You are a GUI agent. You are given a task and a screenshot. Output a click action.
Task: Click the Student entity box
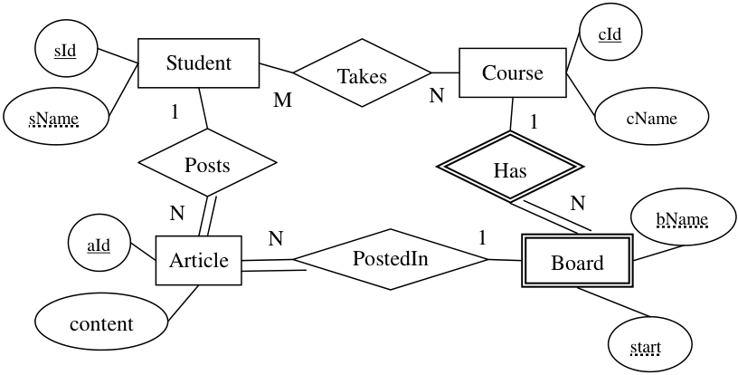point(198,63)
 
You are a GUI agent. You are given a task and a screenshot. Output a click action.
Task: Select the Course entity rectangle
point(513,72)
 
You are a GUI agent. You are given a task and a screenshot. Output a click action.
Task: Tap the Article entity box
point(199,261)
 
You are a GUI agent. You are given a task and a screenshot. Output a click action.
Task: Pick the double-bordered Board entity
point(577,263)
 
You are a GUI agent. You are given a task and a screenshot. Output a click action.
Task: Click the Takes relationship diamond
point(362,73)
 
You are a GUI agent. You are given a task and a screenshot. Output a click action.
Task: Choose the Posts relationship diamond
point(207,163)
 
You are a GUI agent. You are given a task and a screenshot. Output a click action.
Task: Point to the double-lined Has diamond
point(510,167)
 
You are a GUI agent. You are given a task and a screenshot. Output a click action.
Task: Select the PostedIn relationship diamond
point(390,259)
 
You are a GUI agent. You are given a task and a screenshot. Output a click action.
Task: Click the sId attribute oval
point(66,50)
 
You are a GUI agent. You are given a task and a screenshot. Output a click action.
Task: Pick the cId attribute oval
point(610,34)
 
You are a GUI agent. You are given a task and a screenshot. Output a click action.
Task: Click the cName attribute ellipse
point(652,118)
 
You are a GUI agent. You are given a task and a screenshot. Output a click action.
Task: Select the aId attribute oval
point(99,245)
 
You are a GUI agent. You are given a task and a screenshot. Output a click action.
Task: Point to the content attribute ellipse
point(101,323)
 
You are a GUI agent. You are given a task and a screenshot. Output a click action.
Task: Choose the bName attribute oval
point(683,217)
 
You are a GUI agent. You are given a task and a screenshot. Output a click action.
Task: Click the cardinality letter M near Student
point(282,100)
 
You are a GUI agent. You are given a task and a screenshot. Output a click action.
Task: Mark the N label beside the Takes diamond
point(436,96)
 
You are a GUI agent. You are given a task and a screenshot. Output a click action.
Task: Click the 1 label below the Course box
point(534,122)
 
